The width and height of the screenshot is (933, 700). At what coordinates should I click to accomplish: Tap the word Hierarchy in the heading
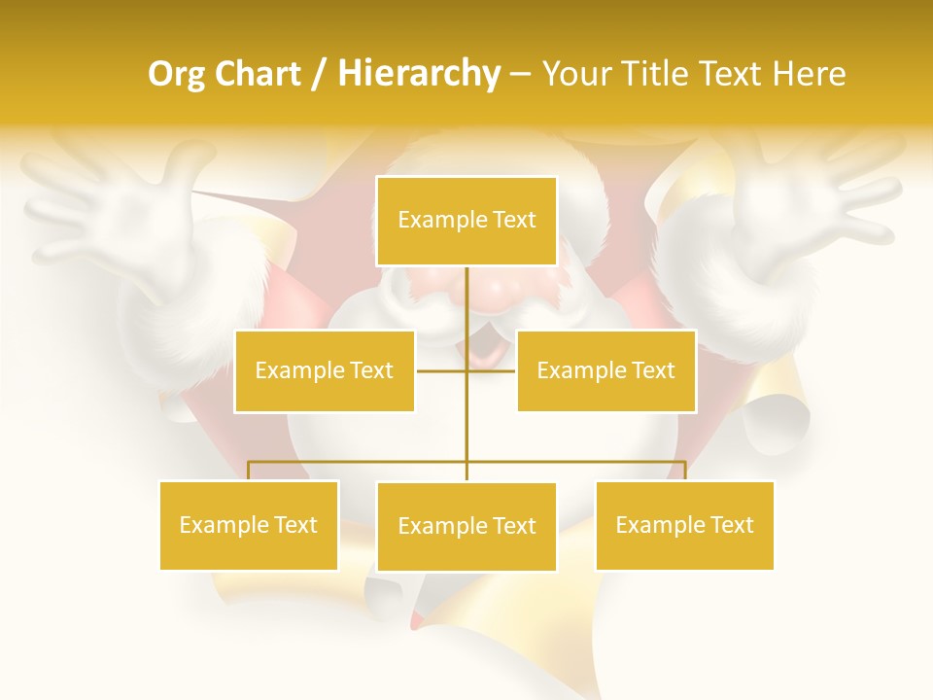coord(418,74)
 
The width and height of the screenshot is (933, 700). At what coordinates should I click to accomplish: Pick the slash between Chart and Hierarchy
coord(318,74)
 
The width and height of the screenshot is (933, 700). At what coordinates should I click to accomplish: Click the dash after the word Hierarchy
coord(520,75)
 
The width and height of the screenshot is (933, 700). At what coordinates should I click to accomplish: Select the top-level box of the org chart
coord(466,221)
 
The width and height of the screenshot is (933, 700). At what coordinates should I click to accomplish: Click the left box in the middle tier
coord(325,370)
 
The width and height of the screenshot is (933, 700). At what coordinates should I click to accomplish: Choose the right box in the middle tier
coord(605,370)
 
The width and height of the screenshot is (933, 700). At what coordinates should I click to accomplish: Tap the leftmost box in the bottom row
coord(249,525)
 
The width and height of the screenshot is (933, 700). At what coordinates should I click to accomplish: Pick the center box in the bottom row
coord(466,526)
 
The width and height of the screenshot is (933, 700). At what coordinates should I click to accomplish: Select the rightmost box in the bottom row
coord(684,525)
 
